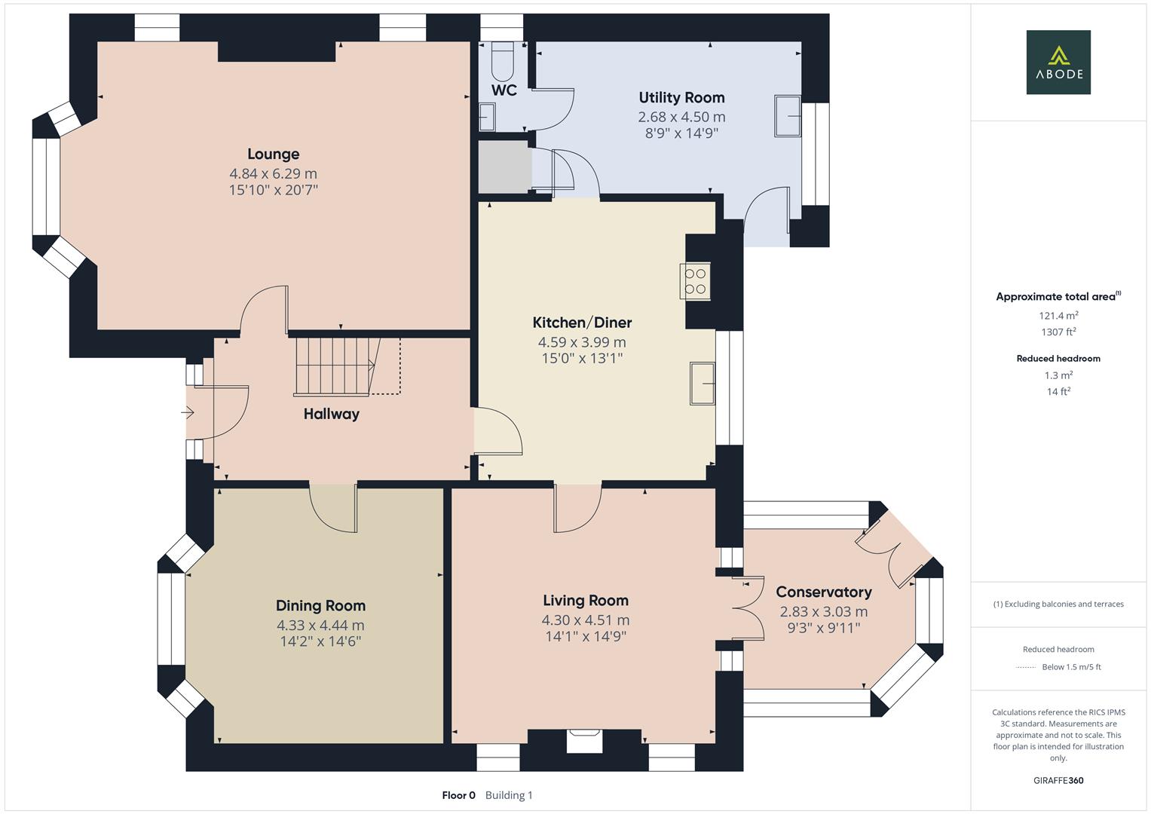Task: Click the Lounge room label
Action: (273, 154)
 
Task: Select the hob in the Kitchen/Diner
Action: (695, 281)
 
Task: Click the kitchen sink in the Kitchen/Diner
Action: (703, 383)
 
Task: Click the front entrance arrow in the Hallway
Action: (188, 412)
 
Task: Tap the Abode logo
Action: (1058, 62)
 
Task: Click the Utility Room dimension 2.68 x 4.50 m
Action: (681, 117)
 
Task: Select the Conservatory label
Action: (823, 592)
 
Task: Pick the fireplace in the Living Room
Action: (584, 740)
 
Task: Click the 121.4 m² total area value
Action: (1058, 316)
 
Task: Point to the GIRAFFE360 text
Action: (1058, 780)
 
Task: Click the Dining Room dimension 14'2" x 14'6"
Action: (320, 641)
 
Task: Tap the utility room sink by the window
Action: (788, 116)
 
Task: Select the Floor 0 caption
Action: (458, 795)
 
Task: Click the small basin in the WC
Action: (487, 117)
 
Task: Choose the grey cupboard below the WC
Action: (503, 166)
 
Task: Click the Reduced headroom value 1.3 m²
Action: (1058, 375)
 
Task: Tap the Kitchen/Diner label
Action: (582, 323)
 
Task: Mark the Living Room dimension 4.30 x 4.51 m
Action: (585, 620)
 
